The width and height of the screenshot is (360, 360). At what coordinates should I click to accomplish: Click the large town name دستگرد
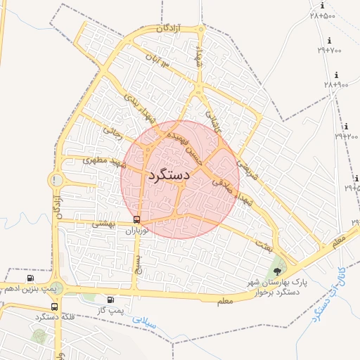[x=168, y=175]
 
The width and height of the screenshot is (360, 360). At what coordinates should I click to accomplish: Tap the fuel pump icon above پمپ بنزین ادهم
[x=30, y=278]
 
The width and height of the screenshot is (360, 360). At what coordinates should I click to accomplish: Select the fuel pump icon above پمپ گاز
[x=110, y=300]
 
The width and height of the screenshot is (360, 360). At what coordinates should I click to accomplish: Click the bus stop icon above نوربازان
[x=136, y=219]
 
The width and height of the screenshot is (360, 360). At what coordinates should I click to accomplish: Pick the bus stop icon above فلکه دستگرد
[x=54, y=307]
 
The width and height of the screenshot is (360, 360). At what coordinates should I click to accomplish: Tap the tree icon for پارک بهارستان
[x=279, y=269]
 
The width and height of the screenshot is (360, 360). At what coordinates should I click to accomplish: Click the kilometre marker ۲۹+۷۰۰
[x=329, y=50]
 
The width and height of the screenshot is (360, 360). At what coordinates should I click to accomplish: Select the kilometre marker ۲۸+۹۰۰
[x=336, y=84]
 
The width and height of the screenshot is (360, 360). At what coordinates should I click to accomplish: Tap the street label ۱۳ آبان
[x=157, y=59]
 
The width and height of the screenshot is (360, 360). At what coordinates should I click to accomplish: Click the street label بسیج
[x=138, y=264]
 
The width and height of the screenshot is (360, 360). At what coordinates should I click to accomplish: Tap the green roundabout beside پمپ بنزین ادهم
[x=56, y=288]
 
